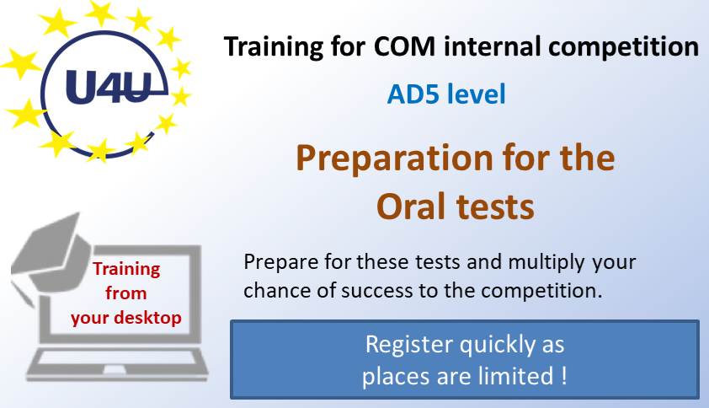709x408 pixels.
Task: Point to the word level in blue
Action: point(476,94)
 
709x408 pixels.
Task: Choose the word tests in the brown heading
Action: point(496,207)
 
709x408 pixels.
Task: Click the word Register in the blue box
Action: point(409,346)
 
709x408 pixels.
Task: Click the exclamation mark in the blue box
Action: point(564,376)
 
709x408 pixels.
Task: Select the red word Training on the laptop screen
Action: point(126,270)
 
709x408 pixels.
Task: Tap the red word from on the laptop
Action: point(125,293)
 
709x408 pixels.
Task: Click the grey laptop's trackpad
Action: point(115,370)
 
